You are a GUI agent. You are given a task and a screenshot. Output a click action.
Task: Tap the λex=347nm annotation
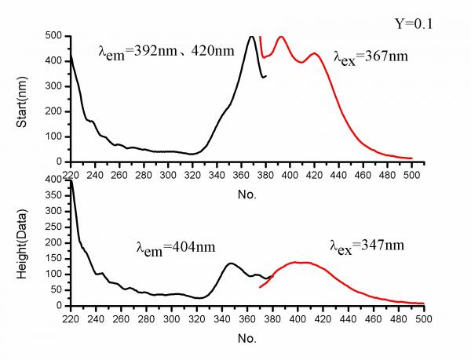point(367,245)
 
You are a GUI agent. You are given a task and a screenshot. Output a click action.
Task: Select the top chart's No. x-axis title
point(246,192)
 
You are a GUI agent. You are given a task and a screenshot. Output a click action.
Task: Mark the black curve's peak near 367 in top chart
point(251,37)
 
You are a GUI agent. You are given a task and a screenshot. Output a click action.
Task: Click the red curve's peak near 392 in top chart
point(281,37)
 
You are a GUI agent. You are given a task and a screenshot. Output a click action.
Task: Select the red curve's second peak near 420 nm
point(315,53)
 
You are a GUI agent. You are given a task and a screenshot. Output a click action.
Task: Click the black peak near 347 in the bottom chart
point(231,264)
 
